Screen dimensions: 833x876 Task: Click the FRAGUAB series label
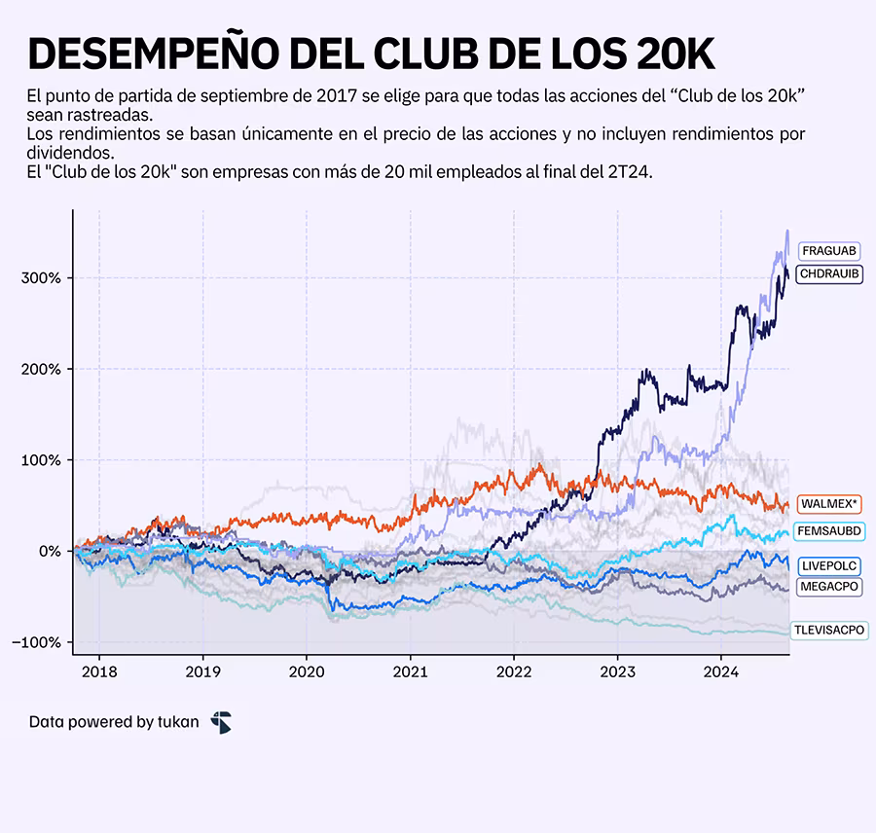pos(829,251)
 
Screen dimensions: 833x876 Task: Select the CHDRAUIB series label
pos(829,274)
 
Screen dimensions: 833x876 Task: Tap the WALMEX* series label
pos(829,504)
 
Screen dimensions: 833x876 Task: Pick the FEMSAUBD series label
pos(829,532)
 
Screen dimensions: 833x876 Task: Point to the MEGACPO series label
pos(829,587)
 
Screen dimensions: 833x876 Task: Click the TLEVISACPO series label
pos(828,631)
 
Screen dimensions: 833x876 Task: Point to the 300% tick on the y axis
pos(42,278)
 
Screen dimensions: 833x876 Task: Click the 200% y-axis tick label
pos(42,370)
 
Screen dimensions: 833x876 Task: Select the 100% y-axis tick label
pos(42,460)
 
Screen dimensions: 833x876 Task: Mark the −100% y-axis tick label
pos(38,643)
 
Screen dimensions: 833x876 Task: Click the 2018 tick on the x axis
pos(99,671)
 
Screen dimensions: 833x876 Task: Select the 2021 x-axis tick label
pos(410,671)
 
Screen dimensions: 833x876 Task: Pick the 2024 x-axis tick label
pos(720,671)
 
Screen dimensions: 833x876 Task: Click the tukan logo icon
pos(222,722)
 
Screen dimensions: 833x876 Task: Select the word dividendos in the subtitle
pos(70,154)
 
